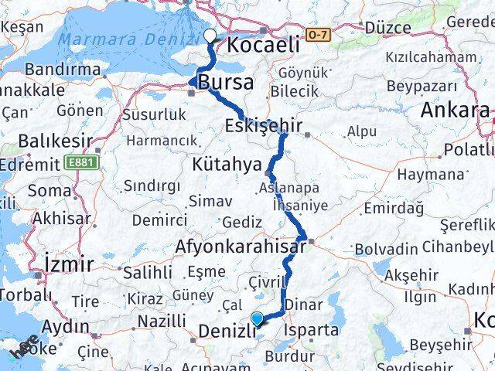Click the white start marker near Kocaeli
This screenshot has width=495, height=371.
click(210, 36)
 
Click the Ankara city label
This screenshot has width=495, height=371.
click(455, 111)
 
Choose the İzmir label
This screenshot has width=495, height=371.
click(69, 264)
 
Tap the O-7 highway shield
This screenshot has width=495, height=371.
click(318, 35)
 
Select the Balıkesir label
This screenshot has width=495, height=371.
click(44, 142)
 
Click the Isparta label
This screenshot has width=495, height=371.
click(312, 330)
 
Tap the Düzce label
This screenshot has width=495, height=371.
click(387, 28)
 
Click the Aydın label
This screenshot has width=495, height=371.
click(65, 326)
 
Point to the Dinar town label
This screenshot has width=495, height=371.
click(303, 305)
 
